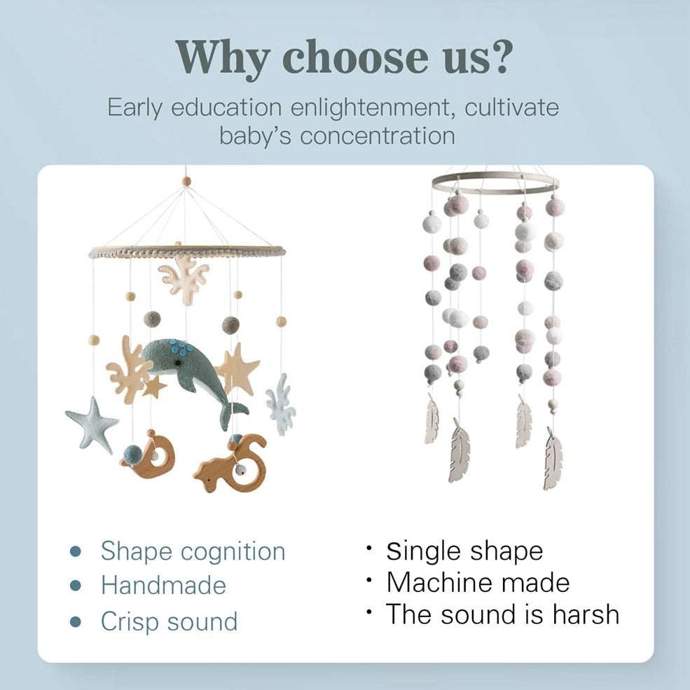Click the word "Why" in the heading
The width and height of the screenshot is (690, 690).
click(223, 58)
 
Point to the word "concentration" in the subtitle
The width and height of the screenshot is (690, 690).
click(377, 135)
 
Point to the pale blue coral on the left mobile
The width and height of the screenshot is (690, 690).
click(281, 405)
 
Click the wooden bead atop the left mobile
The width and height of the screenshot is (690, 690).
click(186, 181)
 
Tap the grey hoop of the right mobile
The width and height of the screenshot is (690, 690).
click(495, 174)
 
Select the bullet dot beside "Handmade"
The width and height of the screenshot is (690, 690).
click(76, 586)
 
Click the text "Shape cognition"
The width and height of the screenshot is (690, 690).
click(193, 551)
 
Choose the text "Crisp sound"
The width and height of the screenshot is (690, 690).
click(169, 621)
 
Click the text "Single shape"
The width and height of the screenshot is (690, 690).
click(464, 551)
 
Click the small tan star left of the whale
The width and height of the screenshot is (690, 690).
click(154, 387)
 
